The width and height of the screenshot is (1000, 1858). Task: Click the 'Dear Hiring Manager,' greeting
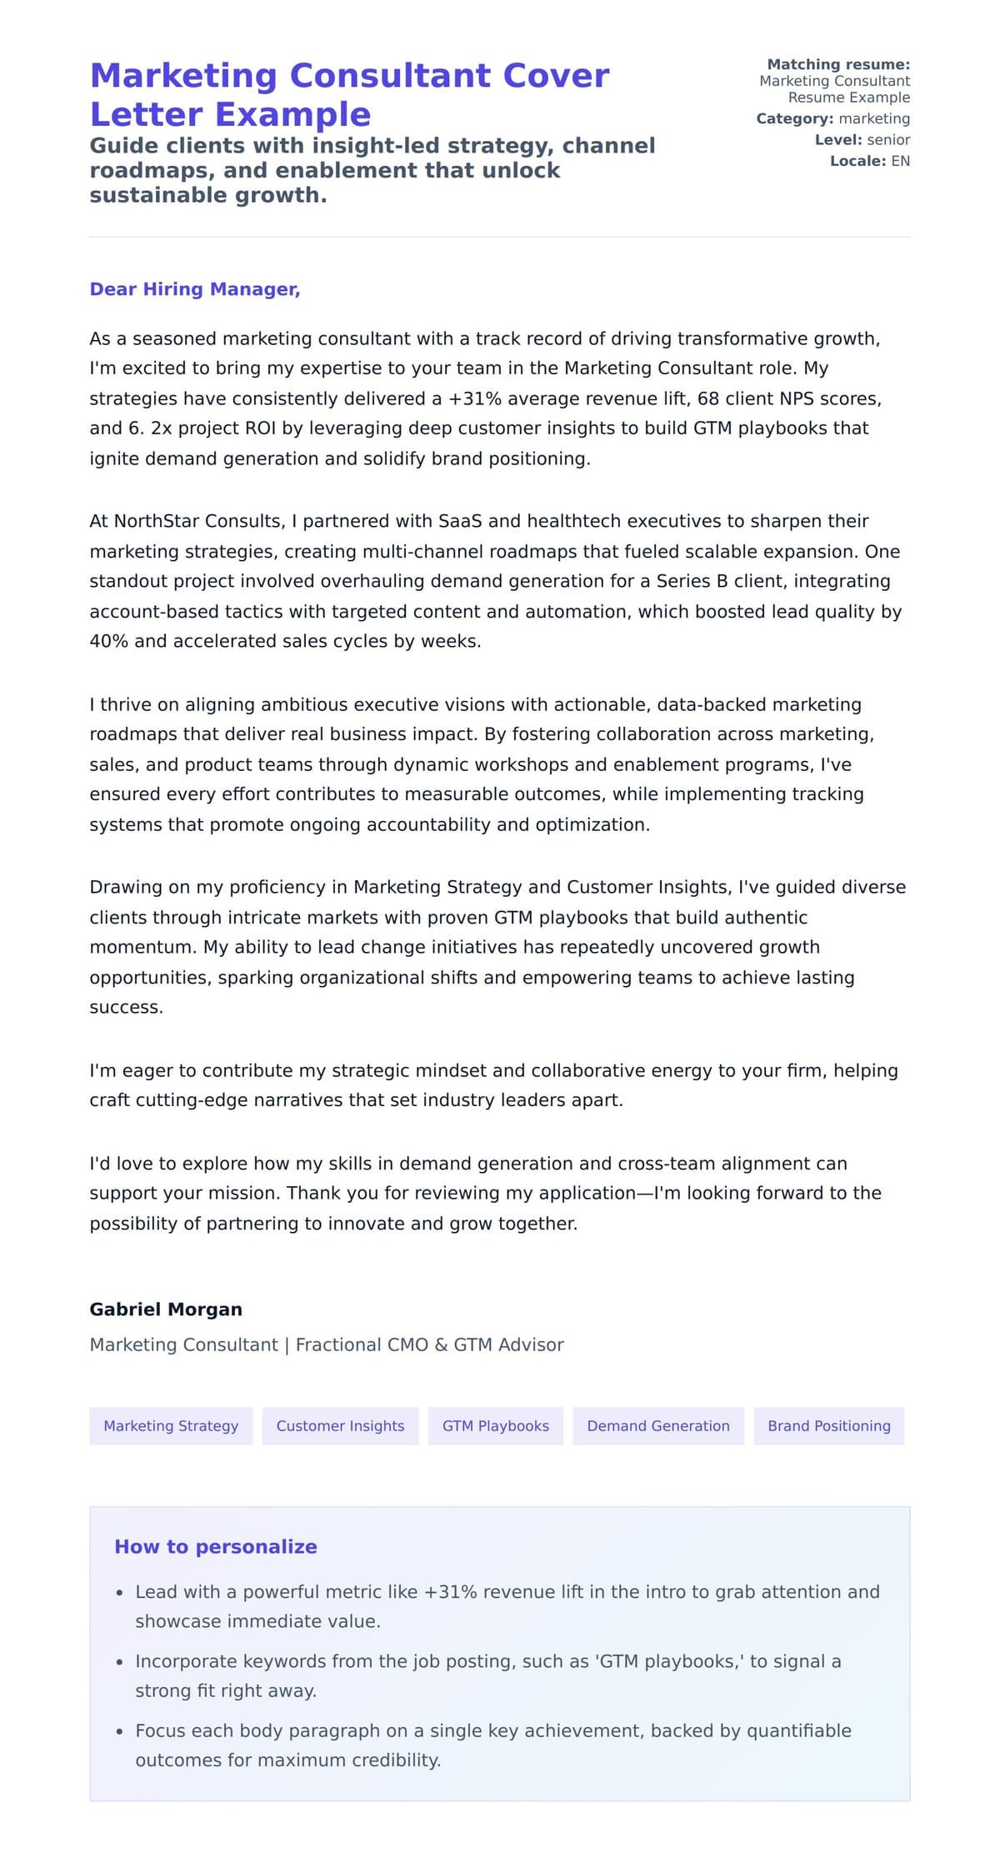coord(194,289)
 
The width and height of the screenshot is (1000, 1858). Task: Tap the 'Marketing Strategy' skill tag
coord(171,1425)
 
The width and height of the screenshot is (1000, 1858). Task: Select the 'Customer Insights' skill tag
coord(340,1425)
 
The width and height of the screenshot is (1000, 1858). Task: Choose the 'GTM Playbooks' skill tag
coord(495,1425)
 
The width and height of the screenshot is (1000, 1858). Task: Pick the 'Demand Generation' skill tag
coord(657,1425)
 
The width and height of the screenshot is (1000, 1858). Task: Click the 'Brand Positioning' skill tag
coord(828,1425)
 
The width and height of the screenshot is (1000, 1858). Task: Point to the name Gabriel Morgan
coord(166,1309)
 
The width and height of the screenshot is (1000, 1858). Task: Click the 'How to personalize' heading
coord(216,1546)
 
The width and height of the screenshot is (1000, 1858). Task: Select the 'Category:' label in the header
coord(794,118)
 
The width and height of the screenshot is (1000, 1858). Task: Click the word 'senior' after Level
coord(888,140)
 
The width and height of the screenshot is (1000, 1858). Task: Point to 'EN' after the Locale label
coord(900,161)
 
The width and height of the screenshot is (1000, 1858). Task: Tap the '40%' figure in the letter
coord(108,641)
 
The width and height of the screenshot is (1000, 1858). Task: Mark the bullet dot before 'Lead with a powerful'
coord(120,1593)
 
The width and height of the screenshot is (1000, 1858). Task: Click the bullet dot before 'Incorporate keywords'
coord(120,1662)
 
